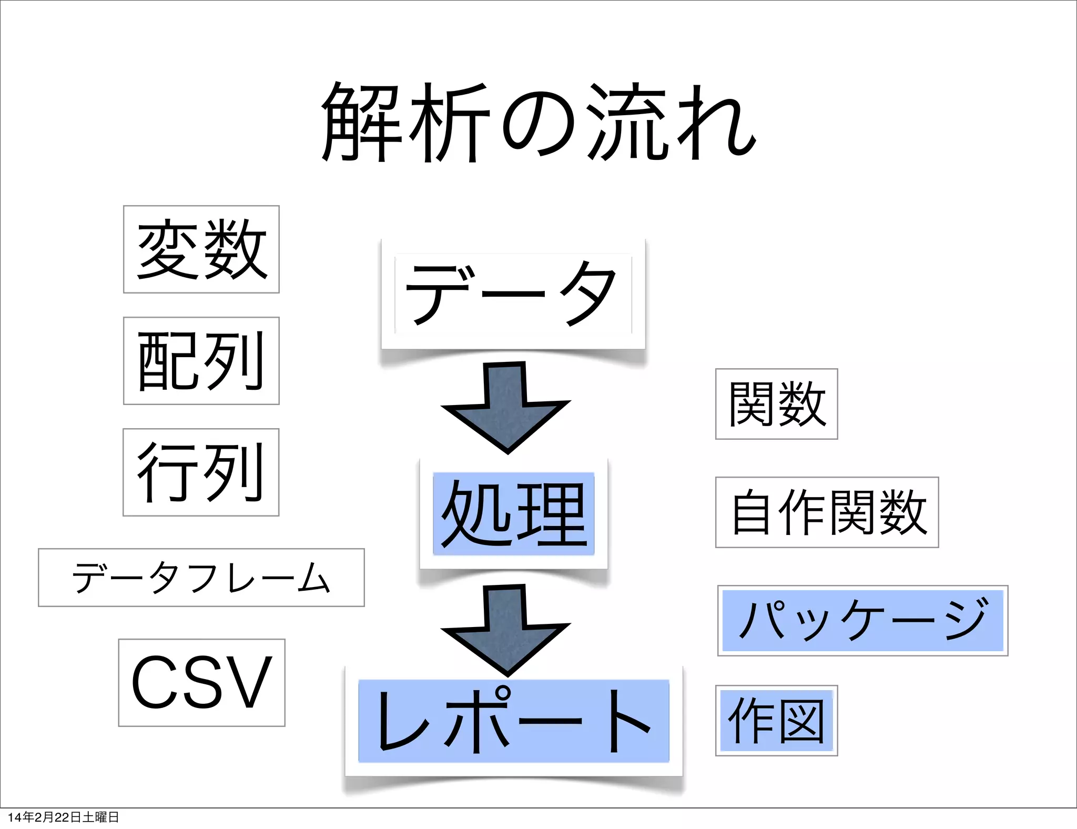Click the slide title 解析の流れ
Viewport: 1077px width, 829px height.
538,122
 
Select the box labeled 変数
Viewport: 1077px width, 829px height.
201,249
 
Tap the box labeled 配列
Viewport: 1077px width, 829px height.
201,361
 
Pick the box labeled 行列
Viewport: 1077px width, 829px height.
201,472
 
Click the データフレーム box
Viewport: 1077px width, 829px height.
201,578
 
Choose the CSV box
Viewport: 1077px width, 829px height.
202,683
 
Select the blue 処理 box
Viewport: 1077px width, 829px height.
513,514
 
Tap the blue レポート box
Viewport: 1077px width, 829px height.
513,721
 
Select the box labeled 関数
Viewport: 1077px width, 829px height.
776,404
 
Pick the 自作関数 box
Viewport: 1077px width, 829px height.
827,512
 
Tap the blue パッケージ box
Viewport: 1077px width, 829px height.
862,621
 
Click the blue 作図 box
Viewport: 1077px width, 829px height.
776,721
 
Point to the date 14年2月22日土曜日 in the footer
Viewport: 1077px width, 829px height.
63,817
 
